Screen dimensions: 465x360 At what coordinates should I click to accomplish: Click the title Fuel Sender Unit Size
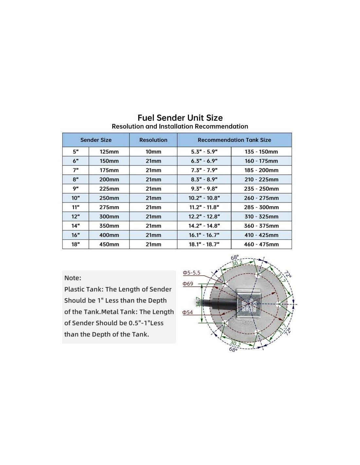[180, 118]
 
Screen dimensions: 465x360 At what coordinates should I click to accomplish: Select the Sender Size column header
[96, 140]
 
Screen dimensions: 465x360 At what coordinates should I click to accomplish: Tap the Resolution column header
[153, 140]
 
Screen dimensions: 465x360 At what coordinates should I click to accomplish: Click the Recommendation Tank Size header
[234, 140]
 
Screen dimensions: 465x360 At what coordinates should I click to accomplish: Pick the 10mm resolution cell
[153, 152]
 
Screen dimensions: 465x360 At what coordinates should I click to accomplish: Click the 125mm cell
[109, 152]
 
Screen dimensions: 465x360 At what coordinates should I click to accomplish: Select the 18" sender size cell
[76, 244]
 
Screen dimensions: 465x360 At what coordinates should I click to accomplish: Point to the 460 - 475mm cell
[261, 244]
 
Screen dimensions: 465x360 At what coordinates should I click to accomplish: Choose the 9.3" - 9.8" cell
[204, 189]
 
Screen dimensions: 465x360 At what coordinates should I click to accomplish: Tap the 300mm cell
[109, 216]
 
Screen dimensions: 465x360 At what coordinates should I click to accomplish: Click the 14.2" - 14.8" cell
[204, 226]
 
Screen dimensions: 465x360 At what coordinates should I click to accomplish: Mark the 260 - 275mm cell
[261, 198]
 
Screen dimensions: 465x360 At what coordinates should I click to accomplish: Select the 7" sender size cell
[76, 170]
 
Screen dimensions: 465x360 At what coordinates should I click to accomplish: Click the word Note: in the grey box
[73, 278]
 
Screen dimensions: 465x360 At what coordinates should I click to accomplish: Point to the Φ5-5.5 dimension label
[191, 273]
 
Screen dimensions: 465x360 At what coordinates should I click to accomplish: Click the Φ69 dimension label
[188, 284]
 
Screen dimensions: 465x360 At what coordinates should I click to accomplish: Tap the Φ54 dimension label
[188, 312]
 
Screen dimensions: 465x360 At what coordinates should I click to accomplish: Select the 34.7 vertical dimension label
[198, 302]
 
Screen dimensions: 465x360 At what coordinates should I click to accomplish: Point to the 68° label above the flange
[235, 257]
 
